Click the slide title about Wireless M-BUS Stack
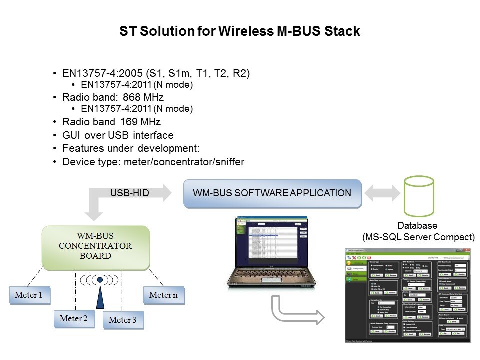pyautogui.click(x=240, y=32)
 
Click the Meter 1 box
pyautogui.click(x=28, y=295)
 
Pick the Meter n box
pyautogui.click(x=163, y=295)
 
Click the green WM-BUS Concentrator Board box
pyautogui.click(x=96, y=248)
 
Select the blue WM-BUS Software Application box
pyautogui.click(x=272, y=193)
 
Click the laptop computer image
pyautogui.click(x=266, y=255)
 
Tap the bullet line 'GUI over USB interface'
pyautogui.click(x=118, y=135)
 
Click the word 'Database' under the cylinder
pyautogui.click(x=417, y=226)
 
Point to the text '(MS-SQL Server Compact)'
pyautogui.click(x=418, y=237)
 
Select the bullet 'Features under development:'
pyautogui.click(x=131, y=149)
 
